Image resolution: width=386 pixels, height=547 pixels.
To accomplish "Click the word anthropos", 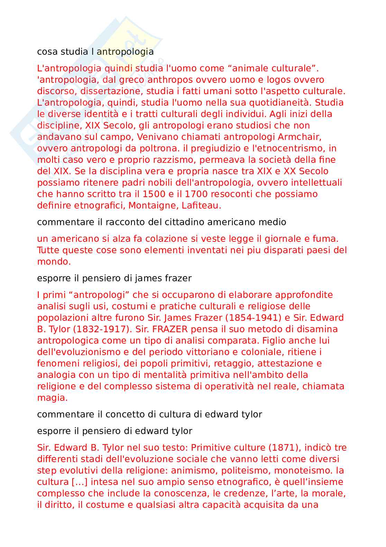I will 170,80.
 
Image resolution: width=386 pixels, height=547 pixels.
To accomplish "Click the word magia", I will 52,398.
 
